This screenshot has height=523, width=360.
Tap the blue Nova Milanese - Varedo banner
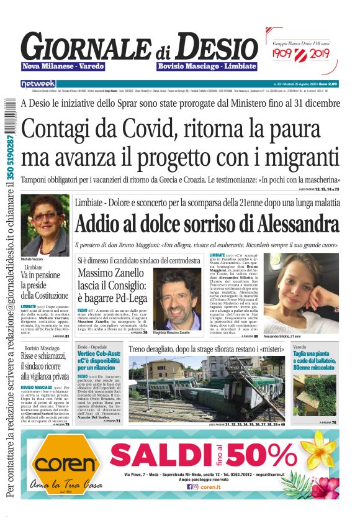(x=63, y=66)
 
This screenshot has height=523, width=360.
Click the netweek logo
(x=38, y=84)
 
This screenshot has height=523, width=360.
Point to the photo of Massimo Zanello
(x=178, y=298)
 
